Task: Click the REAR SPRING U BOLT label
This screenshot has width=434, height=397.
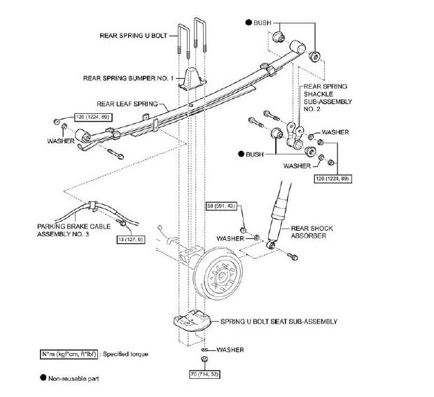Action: pyautogui.click(x=133, y=34)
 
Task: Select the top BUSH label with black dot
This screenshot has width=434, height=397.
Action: pyautogui.click(x=261, y=23)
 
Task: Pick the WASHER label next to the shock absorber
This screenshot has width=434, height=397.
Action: pyautogui.click(x=230, y=238)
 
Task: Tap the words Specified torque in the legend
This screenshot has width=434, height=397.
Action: pyautogui.click(x=129, y=354)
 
